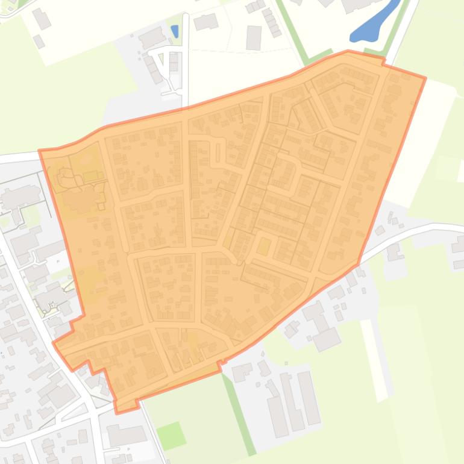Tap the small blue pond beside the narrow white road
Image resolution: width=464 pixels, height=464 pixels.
point(175,31)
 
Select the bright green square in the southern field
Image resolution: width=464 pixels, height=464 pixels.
point(171,434)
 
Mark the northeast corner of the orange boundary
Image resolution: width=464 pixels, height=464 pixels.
point(425,78)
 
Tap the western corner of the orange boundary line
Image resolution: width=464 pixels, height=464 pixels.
point(40,151)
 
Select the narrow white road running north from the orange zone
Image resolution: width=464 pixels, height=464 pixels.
point(186,60)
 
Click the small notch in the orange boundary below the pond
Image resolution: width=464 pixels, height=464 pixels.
point(383,60)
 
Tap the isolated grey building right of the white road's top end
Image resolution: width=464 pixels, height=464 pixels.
point(205,22)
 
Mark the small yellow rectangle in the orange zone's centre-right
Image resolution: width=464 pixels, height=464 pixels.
point(263,246)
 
